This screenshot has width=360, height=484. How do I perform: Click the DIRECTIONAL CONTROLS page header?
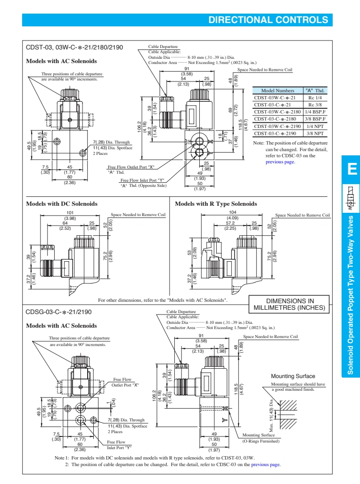click(268, 20)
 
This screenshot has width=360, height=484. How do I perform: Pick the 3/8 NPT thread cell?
click(315, 133)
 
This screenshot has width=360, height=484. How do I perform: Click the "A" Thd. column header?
click(315, 90)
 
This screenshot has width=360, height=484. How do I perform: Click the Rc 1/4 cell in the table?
click(315, 97)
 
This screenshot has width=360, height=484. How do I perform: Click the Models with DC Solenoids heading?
click(62, 204)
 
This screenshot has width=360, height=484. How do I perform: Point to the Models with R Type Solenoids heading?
click(216, 204)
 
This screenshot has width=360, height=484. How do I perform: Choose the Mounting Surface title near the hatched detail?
click(293, 376)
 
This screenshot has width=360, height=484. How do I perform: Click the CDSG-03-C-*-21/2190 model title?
click(58, 312)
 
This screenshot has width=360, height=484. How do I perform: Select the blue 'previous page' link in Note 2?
click(266, 465)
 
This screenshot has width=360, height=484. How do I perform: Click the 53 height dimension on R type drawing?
click(189, 255)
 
